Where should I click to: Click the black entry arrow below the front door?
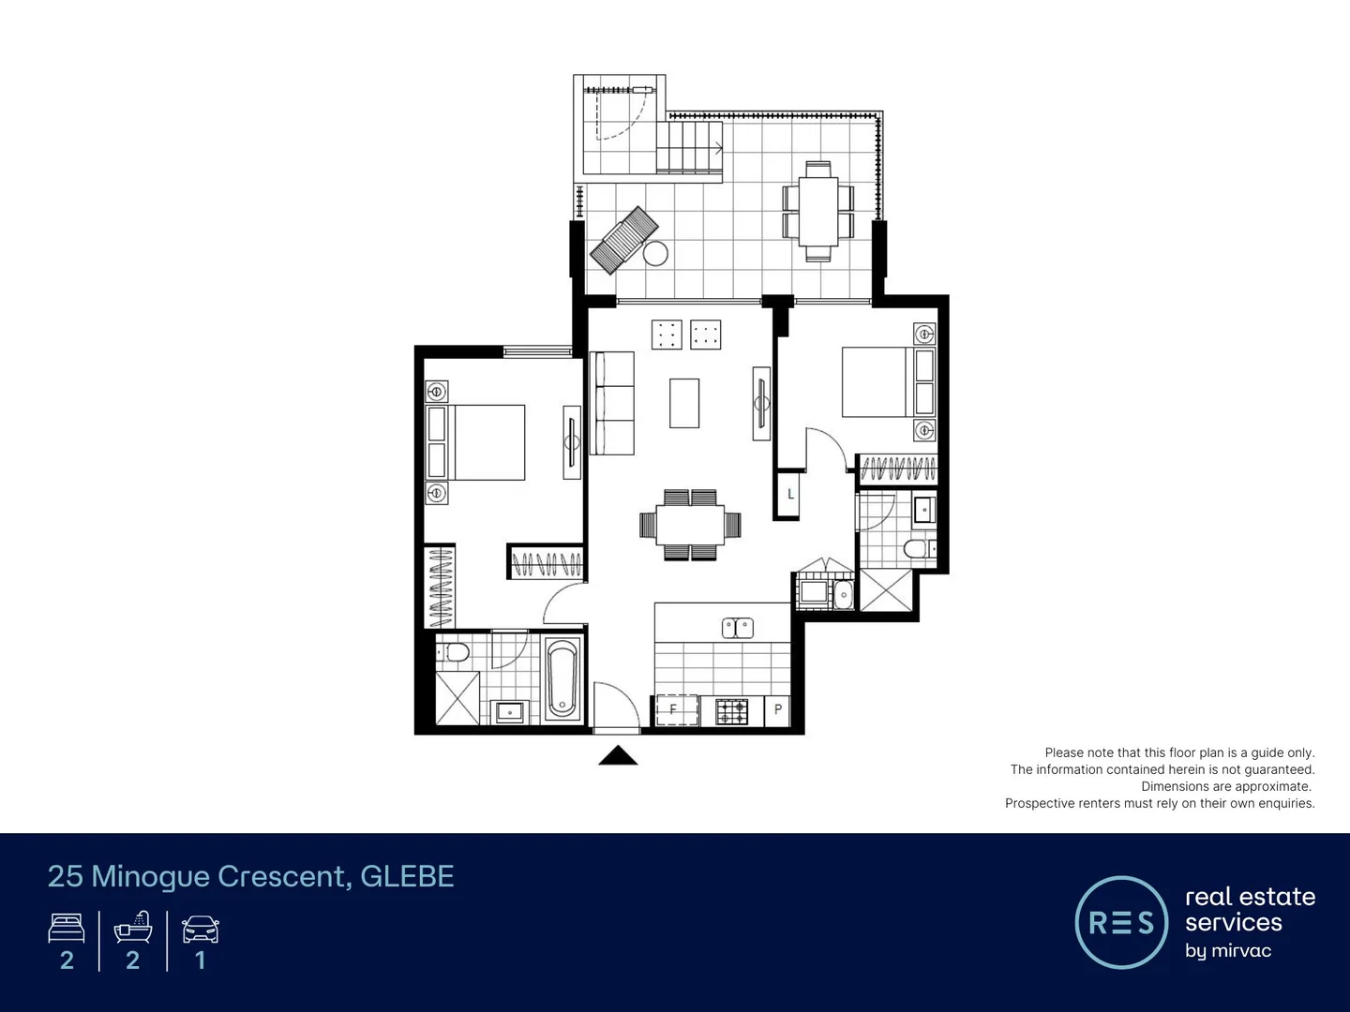(618, 755)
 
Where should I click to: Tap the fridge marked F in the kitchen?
(677, 710)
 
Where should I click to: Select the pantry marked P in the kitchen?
(778, 710)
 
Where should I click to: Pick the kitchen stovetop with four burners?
(732, 711)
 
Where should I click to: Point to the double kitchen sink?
(738, 628)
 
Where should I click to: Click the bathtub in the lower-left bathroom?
(562, 677)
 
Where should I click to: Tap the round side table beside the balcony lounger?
(655, 254)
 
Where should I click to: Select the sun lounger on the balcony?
(622, 240)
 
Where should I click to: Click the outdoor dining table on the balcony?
(818, 211)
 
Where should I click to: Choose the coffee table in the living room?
(684, 402)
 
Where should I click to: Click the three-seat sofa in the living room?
(613, 403)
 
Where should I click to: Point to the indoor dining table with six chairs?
(690, 525)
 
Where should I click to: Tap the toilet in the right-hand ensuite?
(915, 548)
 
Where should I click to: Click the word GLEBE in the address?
(407, 876)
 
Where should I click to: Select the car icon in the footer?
(200, 930)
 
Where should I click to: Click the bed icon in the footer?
(67, 929)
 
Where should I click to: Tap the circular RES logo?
(1121, 922)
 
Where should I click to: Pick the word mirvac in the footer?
(1240, 951)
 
